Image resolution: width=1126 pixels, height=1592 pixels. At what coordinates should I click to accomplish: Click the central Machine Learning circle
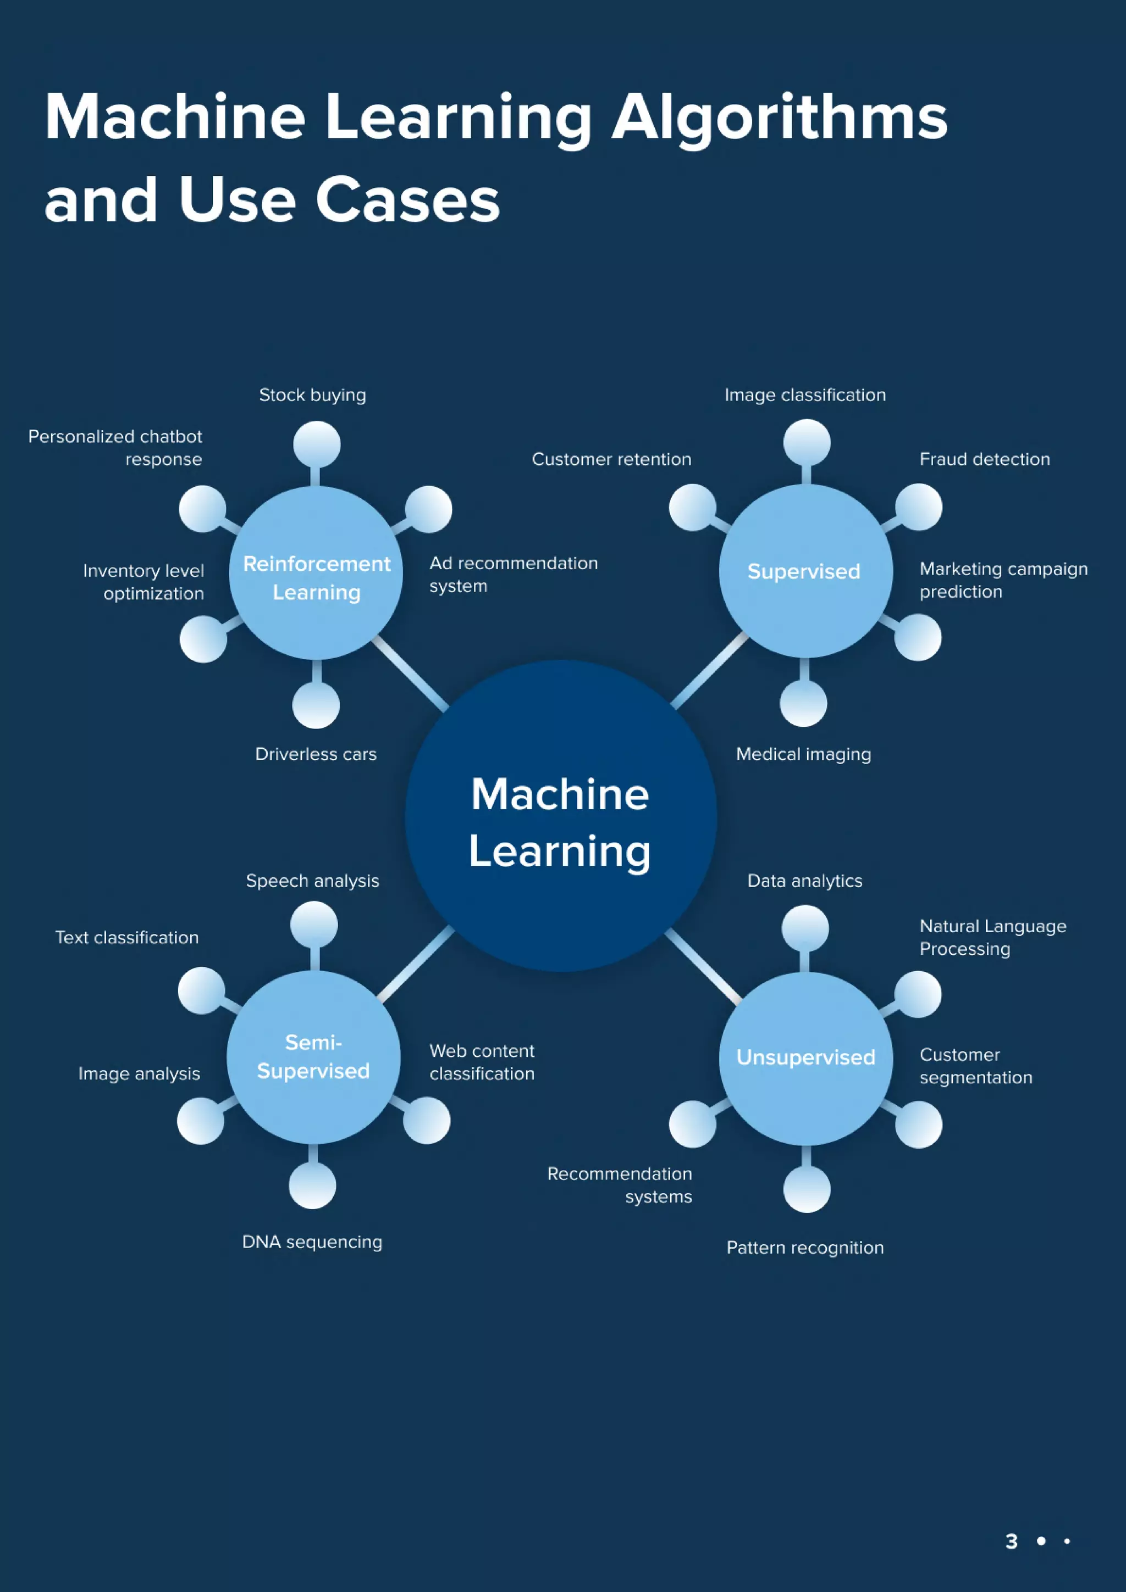click(561, 816)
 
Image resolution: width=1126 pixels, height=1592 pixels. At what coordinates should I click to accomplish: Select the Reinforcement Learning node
click(316, 573)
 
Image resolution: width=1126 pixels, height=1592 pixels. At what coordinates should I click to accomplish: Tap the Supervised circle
click(805, 571)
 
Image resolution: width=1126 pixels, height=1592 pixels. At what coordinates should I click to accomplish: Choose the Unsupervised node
click(805, 1057)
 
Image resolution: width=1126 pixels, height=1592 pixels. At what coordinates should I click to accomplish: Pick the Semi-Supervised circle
click(313, 1057)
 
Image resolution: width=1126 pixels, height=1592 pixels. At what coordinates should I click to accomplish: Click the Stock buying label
click(312, 395)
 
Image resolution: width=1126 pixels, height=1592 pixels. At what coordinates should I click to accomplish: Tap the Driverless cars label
click(316, 754)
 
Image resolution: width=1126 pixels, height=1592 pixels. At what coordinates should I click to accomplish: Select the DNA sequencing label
click(312, 1242)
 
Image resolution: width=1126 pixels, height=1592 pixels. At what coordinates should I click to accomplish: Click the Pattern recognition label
click(805, 1248)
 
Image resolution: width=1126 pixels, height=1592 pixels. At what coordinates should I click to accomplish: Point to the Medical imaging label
click(803, 754)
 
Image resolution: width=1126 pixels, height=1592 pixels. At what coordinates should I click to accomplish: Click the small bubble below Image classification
click(806, 442)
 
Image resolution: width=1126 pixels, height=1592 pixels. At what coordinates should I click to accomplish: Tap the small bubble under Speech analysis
click(313, 925)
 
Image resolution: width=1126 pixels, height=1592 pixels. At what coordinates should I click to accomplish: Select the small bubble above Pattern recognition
click(806, 1189)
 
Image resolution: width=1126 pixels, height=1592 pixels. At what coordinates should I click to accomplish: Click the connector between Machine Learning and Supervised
click(710, 671)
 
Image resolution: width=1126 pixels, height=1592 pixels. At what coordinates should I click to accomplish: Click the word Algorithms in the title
click(779, 118)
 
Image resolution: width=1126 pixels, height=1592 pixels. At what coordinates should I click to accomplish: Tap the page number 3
click(1011, 1541)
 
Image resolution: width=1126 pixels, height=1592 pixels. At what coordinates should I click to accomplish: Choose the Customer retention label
click(611, 459)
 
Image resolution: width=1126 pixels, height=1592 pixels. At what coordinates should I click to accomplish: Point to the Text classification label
click(127, 937)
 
